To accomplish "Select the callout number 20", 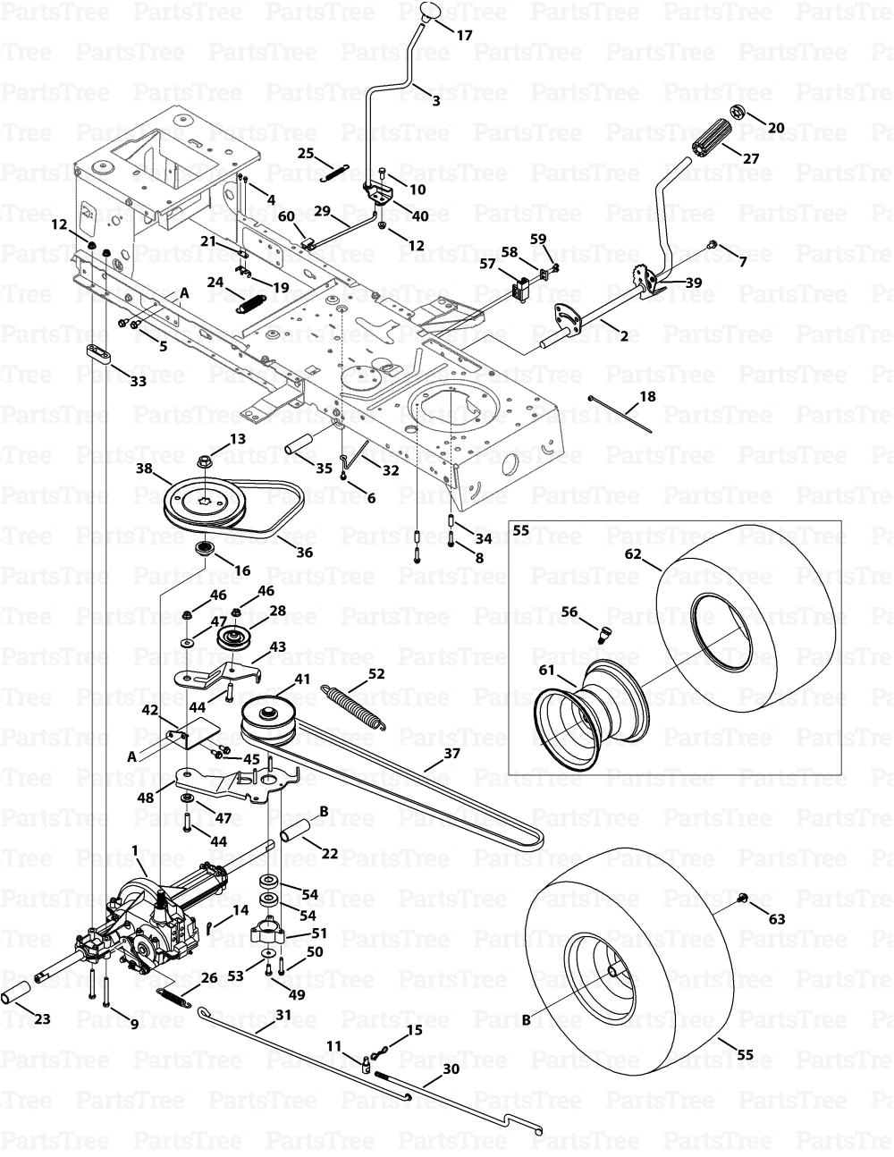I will [x=776, y=128].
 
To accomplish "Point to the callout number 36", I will [x=304, y=553].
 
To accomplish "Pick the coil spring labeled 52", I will [x=355, y=705].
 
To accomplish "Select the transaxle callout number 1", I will [x=133, y=849].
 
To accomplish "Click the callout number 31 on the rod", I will [x=283, y=1014].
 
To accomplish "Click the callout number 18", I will [x=646, y=395].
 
